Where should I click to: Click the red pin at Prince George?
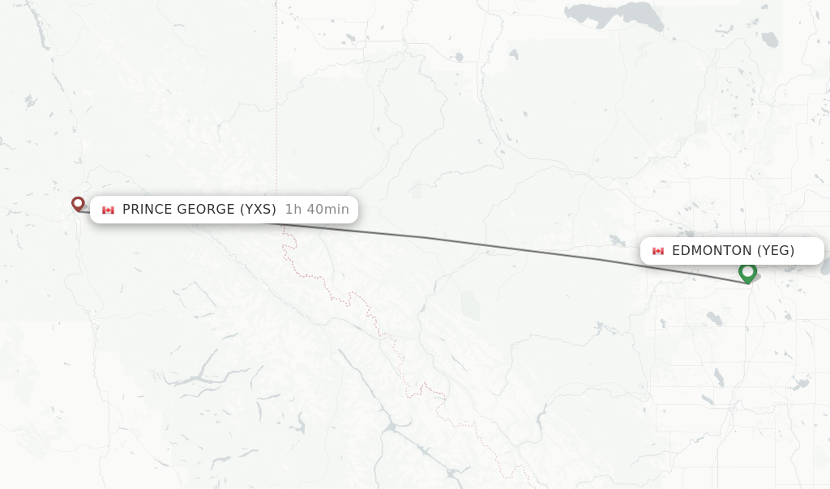pyautogui.click(x=78, y=203)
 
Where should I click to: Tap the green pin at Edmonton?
pyautogui.click(x=747, y=273)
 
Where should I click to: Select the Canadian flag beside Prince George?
pyautogui.click(x=108, y=210)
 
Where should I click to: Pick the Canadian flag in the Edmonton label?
pyautogui.click(x=658, y=251)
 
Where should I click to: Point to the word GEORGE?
pyautogui.click(x=206, y=210)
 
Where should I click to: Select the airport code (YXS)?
pyautogui.click(x=258, y=210)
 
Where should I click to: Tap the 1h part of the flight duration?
pyautogui.click(x=293, y=210)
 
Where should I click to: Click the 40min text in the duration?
pyautogui.click(x=327, y=210)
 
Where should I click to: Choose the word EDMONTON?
pyautogui.click(x=712, y=251)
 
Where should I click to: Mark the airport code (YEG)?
pyautogui.click(x=776, y=251)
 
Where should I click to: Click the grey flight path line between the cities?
pyautogui.click(x=486, y=246)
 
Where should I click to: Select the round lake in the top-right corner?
pyautogui.click(x=770, y=39)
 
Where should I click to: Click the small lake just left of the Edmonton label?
pyautogui.click(x=618, y=240)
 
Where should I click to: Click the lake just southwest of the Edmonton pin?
pyautogui.click(x=713, y=319)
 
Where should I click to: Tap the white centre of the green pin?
pyautogui.click(x=747, y=270)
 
